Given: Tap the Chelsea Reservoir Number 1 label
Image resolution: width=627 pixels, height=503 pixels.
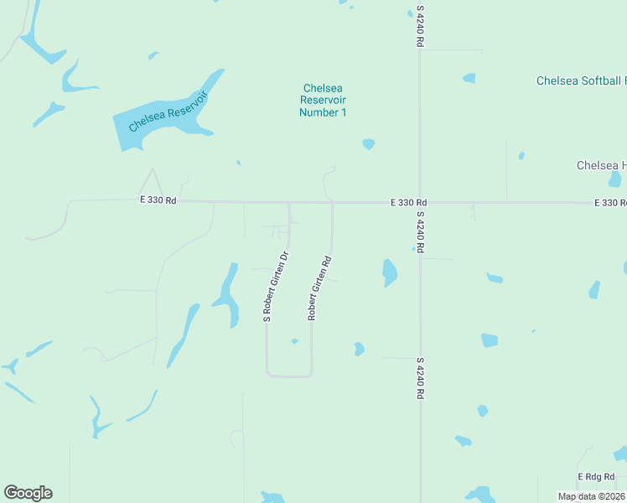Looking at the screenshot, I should point(323,101).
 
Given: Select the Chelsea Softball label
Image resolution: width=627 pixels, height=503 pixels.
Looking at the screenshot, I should point(581,81).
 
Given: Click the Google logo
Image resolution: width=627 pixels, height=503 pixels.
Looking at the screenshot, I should point(28,493).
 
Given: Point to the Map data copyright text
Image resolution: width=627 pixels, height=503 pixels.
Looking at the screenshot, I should point(590,496).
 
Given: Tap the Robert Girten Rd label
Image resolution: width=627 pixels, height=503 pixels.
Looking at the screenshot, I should point(320,288).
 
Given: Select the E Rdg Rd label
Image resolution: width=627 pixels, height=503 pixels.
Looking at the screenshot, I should point(597,476).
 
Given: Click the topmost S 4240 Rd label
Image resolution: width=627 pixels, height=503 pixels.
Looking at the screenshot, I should point(420,25).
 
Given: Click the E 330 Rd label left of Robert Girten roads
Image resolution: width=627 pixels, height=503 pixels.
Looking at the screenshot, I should point(158,200).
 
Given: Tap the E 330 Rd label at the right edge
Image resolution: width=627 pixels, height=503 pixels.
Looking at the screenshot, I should point(609,203).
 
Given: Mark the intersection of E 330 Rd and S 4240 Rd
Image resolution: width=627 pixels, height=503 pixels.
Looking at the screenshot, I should point(420,202).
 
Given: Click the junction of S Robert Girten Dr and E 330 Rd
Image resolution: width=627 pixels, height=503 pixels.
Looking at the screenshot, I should point(290,202).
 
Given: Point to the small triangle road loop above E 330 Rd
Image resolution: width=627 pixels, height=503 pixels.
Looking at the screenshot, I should point(152,184).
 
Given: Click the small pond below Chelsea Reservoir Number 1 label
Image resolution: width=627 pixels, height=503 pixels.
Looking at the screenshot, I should point(368,144).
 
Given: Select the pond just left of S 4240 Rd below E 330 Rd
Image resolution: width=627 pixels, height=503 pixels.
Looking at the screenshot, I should point(389,272).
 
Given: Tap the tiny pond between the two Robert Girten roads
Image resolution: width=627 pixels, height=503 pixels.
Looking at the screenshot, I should point(294,341).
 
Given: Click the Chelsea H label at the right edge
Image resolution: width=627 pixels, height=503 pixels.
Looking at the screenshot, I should point(601,165).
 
